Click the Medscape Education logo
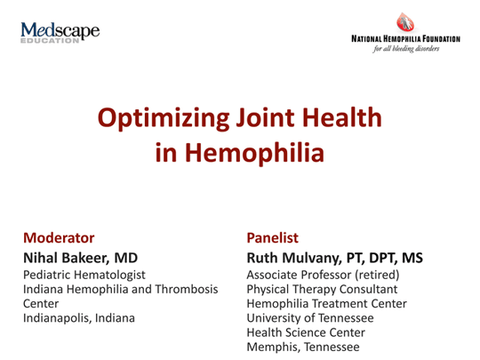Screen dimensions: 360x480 point(59,36)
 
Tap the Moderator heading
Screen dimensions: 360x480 point(59,237)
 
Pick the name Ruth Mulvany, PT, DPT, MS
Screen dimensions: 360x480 point(334,257)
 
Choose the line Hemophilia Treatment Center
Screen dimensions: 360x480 point(326,303)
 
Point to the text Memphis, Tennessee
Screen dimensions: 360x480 point(303,346)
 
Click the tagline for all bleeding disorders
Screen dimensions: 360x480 point(406,51)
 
